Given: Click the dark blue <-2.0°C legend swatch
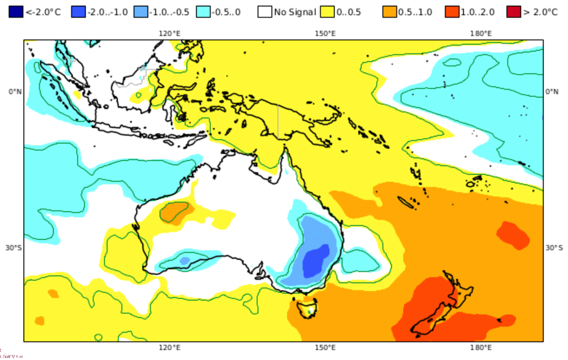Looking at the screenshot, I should pos(15,12).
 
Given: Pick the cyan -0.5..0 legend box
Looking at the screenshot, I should pos(203,12).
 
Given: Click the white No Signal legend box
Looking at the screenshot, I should pos(265,12).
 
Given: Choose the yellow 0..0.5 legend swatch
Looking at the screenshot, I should pos(327,12).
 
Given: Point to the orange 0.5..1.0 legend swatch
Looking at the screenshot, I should pos(389,12).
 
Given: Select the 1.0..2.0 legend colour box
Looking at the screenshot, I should pos(452,12).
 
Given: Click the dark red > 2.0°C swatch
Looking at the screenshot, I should pos(513,12).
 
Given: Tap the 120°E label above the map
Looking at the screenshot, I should pos(170,33).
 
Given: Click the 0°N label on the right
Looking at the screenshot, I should pos(552,92).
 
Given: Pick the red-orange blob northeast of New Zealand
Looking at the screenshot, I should pos(513,234).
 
